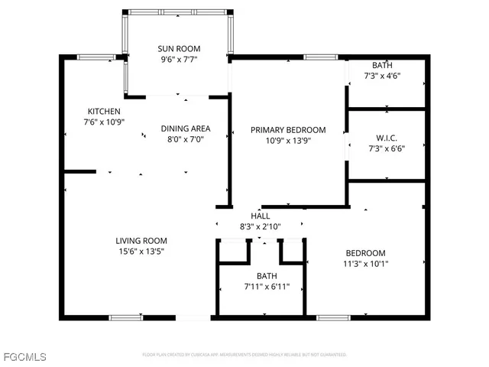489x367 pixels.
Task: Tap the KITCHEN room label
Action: coord(103,111)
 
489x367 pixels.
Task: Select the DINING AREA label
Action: coord(185,128)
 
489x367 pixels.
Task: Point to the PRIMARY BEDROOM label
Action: coord(288,130)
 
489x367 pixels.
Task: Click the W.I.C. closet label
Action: coord(386,138)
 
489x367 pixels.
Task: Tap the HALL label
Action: coord(261,216)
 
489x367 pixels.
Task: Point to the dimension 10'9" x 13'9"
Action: coord(288,141)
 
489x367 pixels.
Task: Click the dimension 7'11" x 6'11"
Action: coord(261,287)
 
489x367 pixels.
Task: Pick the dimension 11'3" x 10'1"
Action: coord(365,264)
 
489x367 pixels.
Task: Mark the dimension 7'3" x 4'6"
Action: coord(383,76)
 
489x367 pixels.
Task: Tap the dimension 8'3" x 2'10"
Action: coord(261,226)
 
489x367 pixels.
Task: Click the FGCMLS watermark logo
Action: coord(24,357)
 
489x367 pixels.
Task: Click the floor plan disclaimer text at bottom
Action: coord(244,355)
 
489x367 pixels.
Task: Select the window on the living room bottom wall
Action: coord(125,317)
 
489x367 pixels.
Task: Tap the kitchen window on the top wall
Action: coord(96,57)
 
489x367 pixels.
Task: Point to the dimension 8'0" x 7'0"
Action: coord(185,139)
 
